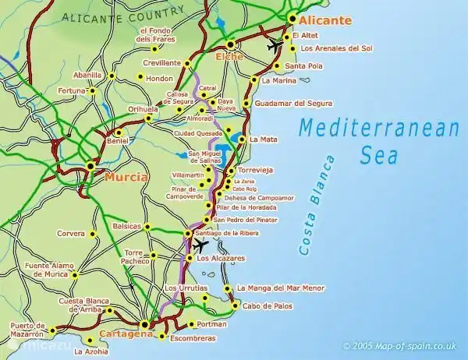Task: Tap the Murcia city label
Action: point(125,177)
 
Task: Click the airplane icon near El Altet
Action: point(272,46)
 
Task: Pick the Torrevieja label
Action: point(261,169)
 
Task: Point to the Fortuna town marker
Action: point(92,91)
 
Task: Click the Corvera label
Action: point(71,233)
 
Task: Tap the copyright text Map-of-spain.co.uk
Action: point(401,344)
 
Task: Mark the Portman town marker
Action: point(192,324)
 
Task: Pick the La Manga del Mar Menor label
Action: point(282,288)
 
